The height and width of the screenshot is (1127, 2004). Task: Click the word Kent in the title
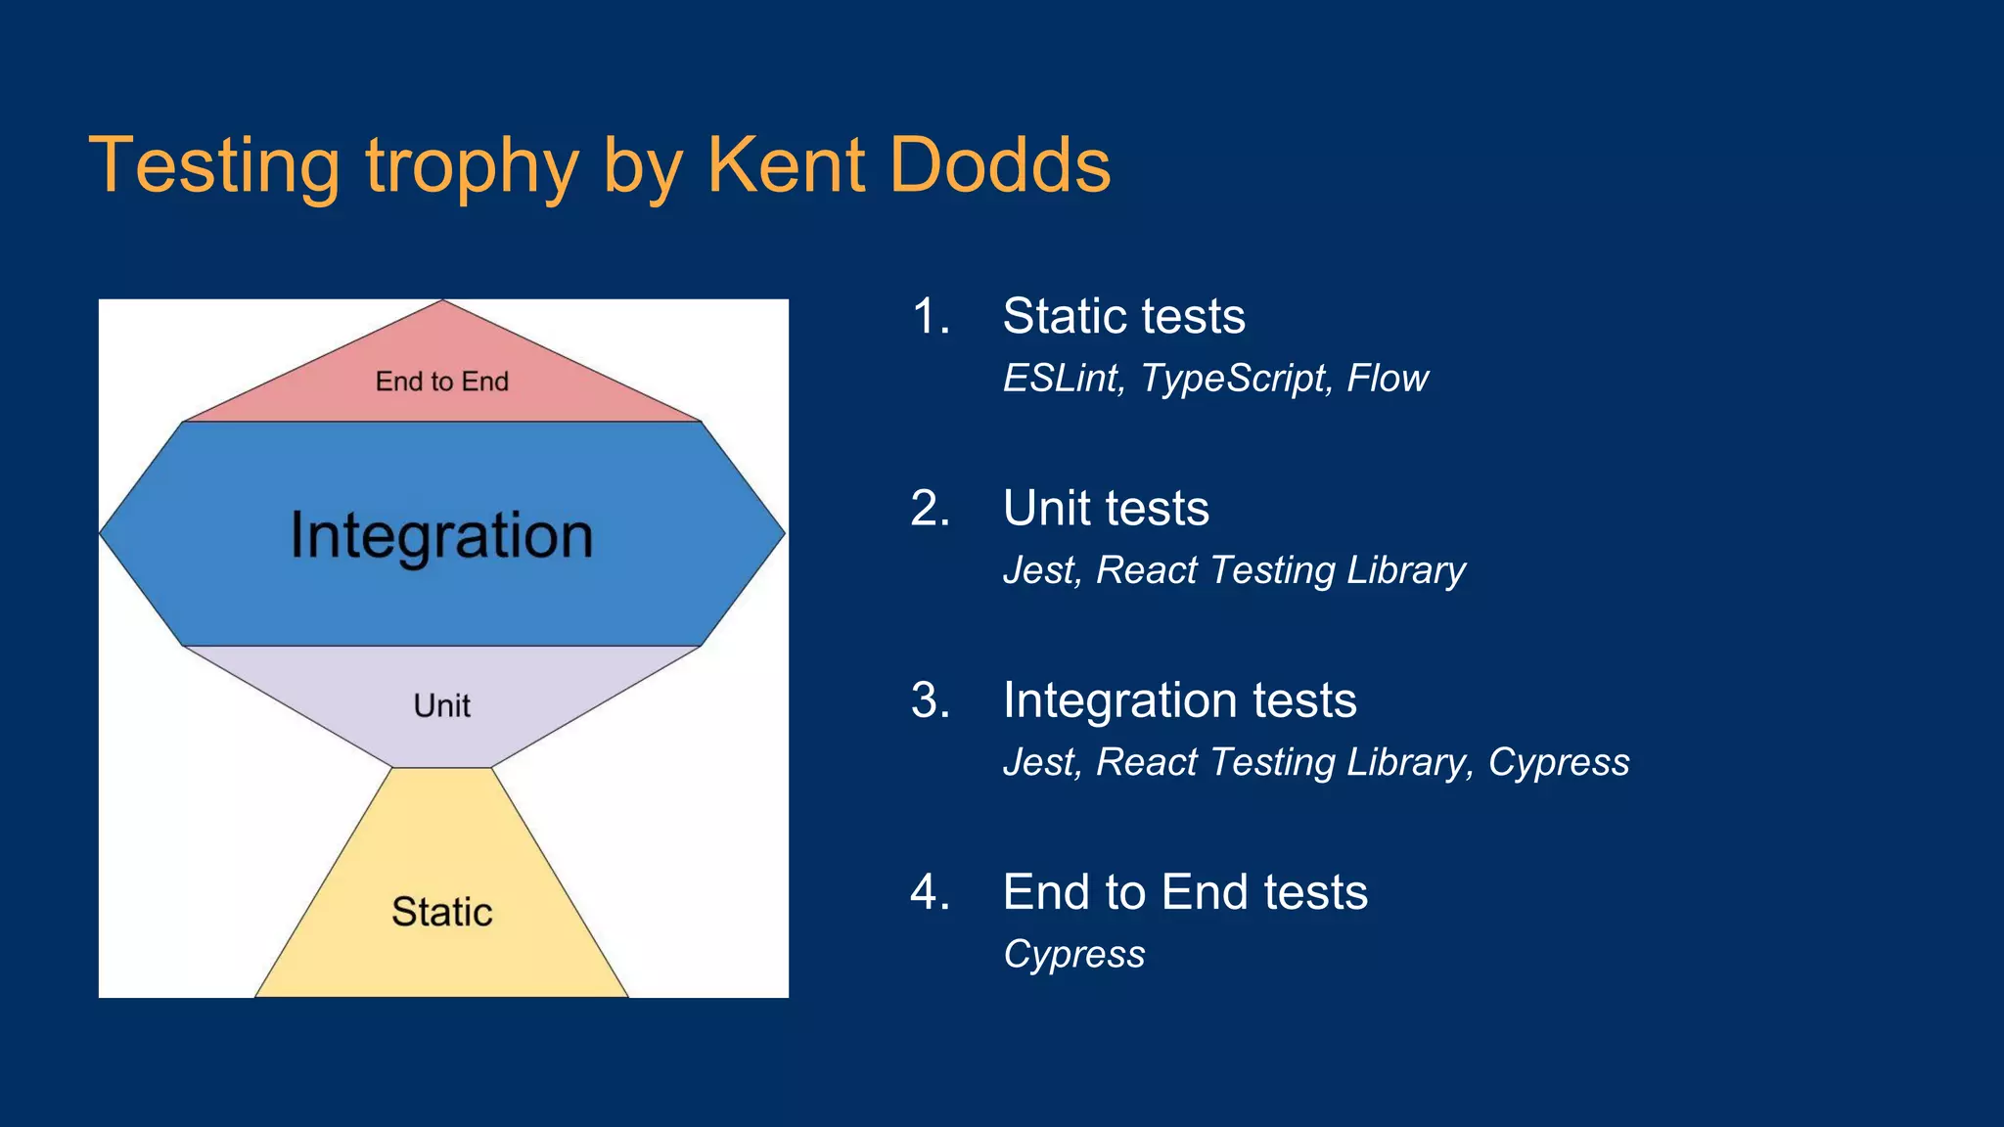coord(785,165)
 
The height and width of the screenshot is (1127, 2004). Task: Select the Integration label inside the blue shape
coord(441,536)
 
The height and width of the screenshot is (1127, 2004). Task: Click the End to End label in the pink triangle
coord(441,382)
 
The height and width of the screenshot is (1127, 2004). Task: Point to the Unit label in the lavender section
coord(441,705)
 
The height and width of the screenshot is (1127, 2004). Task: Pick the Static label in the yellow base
coord(441,912)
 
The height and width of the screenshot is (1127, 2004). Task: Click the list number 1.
coord(930,317)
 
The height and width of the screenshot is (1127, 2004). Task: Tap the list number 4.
coord(930,892)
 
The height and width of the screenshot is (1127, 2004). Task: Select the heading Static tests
coord(1123,317)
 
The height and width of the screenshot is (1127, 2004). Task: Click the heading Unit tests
coord(1106,509)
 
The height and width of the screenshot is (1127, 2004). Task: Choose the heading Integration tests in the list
coord(1179,700)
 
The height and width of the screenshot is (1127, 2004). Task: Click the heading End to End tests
coord(1185,892)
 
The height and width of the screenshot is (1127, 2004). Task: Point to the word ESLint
coord(1063,379)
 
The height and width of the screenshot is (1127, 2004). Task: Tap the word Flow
coord(1388,379)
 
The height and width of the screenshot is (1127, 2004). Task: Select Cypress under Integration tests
coord(1559,763)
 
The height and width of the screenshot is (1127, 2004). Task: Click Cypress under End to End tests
coord(1073,955)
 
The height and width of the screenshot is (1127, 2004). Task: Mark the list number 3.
coord(930,700)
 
